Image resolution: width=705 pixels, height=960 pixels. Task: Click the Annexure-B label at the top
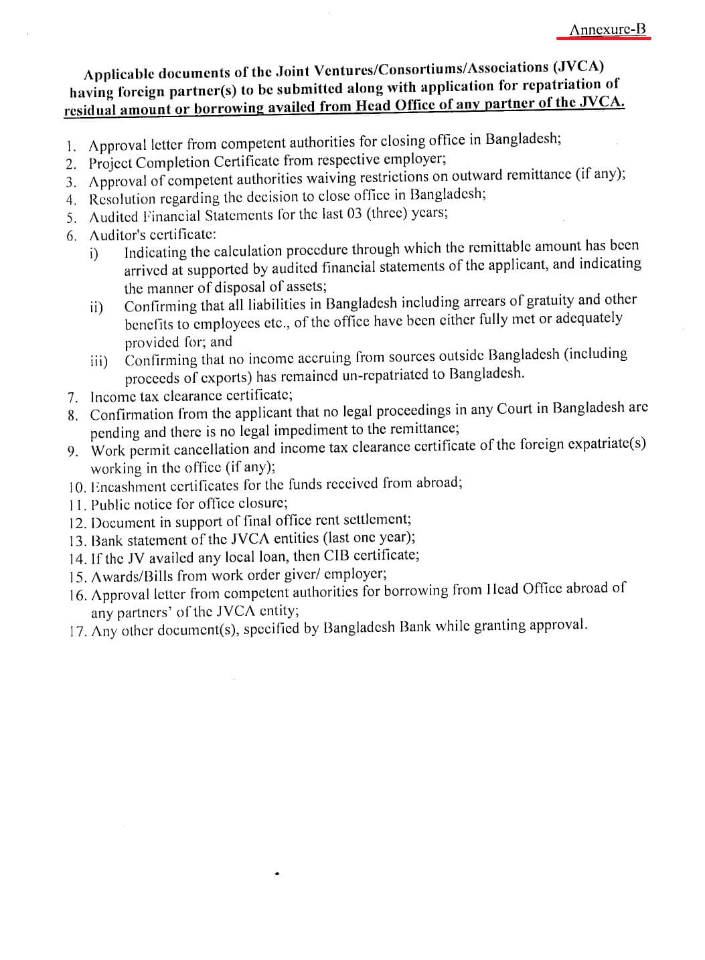(x=608, y=29)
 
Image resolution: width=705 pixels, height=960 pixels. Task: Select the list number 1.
(x=72, y=145)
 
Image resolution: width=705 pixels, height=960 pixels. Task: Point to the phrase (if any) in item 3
(x=602, y=174)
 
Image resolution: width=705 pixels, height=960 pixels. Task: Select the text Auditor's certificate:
(x=153, y=234)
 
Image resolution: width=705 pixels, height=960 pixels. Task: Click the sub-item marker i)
(x=94, y=254)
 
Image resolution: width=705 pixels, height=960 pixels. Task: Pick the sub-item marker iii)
(x=99, y=361)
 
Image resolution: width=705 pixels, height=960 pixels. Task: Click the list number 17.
(x=78, y=631)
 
